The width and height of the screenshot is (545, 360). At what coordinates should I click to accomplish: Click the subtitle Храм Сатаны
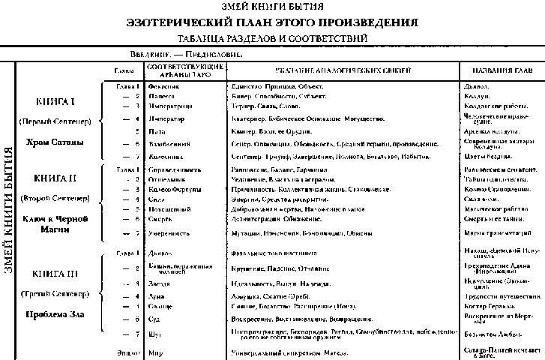tap(54, 142)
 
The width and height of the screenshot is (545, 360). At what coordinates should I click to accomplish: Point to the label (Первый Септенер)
tap(54, 121)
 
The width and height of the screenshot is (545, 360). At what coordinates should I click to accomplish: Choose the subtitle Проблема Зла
tap(54, 311)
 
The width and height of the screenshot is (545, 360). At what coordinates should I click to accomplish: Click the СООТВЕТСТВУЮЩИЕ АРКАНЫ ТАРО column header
tap(184, 70)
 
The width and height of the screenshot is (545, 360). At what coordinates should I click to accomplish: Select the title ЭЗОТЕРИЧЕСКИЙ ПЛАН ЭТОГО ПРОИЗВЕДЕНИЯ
tap(273, 22)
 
